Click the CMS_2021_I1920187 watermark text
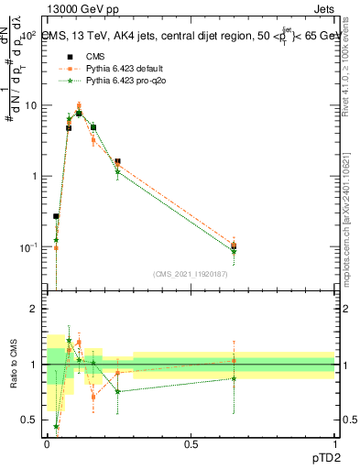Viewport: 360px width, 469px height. (x=191, y=274)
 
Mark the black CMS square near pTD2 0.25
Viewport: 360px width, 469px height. (x=117, y=161)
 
